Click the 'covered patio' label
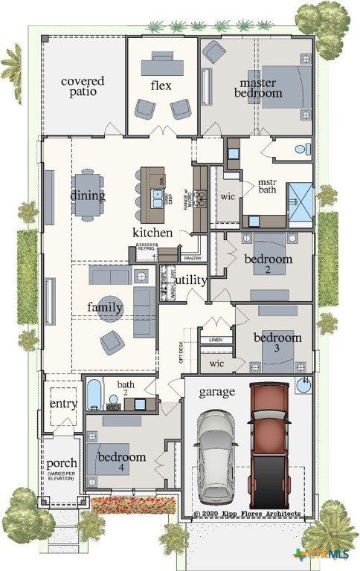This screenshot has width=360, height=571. [83, 87]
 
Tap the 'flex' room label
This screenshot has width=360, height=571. [161, 86]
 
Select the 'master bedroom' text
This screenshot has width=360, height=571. [258, 88]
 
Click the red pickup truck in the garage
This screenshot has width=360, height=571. [269, 442]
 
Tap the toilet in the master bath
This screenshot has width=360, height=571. [302, 149]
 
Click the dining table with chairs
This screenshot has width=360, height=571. [89, 194]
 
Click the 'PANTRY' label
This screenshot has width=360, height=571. [192, 258]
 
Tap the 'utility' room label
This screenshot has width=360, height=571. [190, 280]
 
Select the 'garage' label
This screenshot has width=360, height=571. [216, 391]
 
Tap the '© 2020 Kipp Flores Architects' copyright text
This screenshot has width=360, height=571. [247, 514]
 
